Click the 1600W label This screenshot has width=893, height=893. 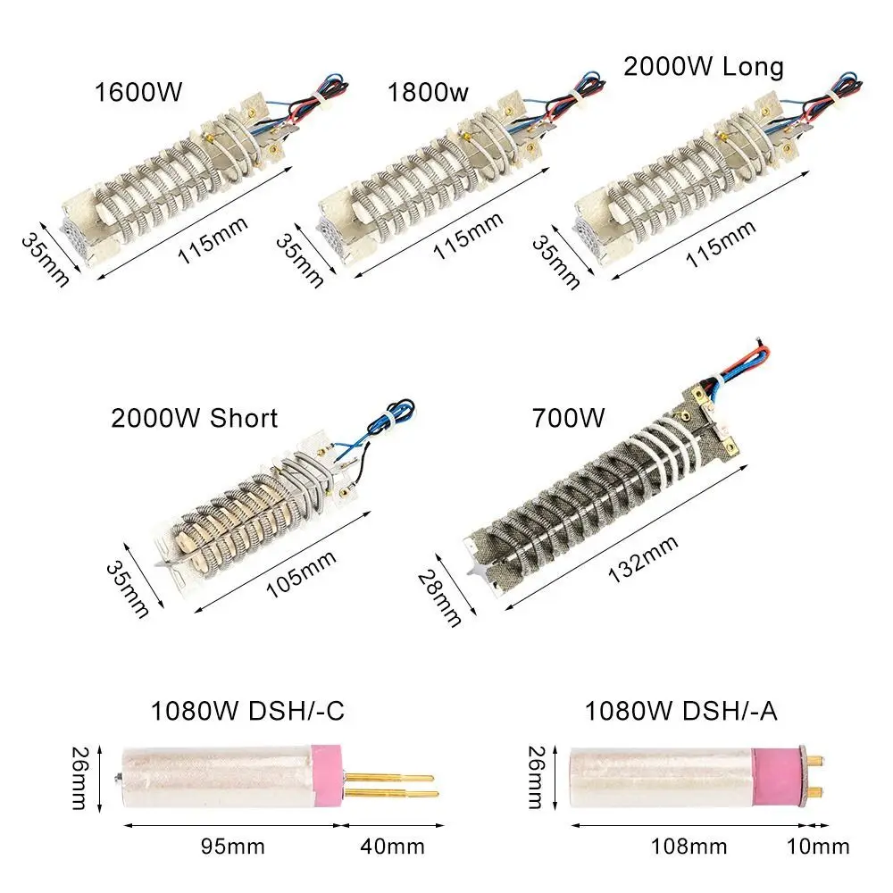(x=138, y=92)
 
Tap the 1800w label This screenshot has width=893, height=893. (x=428, y=92)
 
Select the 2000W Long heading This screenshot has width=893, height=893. (x=704, y=67)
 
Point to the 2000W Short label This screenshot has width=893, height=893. (x=194, y=418)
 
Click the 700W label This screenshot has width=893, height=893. (x=568, y=417)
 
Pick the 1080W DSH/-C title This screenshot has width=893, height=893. (x=247, y=711)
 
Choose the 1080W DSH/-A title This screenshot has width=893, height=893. (x=681, y=711)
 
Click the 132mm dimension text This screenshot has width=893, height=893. (x=643, y=559)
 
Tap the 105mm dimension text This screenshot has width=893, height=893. (x=301, y=574)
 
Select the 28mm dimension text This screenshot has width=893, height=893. (x=439, y=598)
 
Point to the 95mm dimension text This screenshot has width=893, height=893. (x=233, y=847)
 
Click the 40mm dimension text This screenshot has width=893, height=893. (x=392, y=847)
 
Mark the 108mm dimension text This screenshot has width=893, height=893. (x=689, y=847)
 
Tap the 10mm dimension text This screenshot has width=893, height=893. (x=818, y=847)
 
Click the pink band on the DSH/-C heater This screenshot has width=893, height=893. (x=326, y=778)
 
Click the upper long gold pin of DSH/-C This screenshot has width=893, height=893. (x=389, y=778)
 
